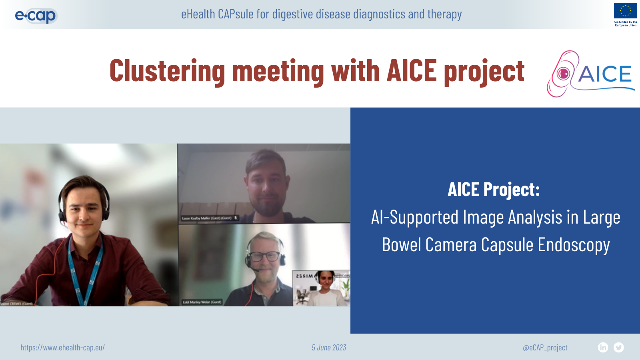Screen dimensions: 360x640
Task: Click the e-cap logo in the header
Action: click(36, 16)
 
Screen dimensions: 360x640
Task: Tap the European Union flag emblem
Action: click(625, 11)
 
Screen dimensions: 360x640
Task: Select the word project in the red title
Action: click(484, 71)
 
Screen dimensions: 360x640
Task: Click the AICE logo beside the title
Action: click(590, 74)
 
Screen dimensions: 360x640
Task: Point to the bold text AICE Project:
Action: click(494, 190)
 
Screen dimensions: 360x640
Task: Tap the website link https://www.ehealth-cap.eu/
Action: click(62, 348)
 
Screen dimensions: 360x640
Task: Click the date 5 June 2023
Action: click(329, 348)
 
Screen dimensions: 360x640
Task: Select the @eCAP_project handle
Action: click(545, 348)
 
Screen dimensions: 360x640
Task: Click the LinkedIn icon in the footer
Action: click(603, 348)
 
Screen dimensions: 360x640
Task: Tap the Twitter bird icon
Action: click(619, 348)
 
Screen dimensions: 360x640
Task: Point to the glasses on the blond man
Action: click(265, 256)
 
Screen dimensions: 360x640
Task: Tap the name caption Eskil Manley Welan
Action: click(202, 302)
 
